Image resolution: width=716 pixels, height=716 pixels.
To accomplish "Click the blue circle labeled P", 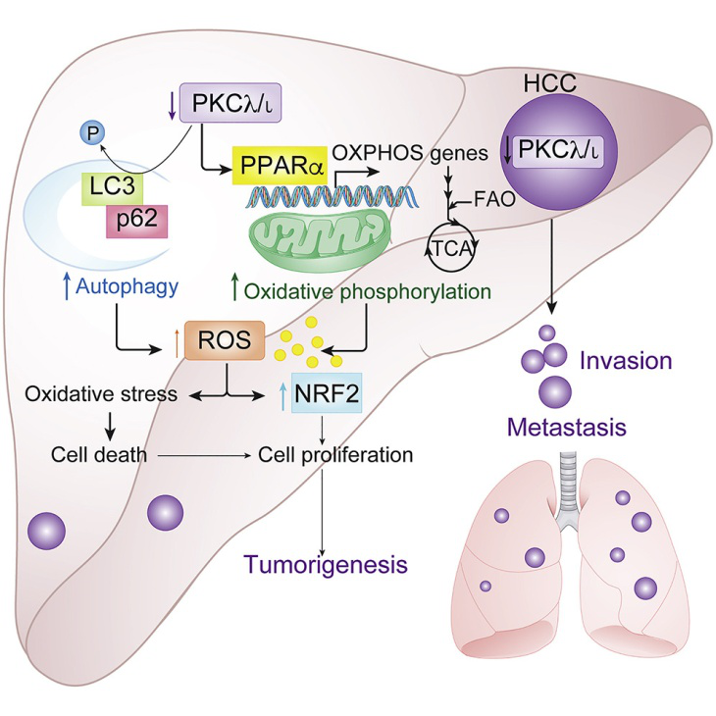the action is coord(93,133).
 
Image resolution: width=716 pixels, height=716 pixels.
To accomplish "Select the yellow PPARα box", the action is coord(280,166).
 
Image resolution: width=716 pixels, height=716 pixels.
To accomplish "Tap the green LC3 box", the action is coord(113,188).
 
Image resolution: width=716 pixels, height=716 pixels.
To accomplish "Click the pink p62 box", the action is coord(137,221).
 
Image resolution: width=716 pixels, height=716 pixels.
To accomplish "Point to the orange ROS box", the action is coord(225,340).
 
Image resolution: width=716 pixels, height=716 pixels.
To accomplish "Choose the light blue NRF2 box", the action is coord(327,393).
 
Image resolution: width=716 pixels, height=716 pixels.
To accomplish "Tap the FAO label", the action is coord(495,199).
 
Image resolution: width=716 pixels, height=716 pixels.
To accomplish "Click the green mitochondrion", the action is coord(319,239).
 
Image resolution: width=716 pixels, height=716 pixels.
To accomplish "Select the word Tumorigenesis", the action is coord(326,564).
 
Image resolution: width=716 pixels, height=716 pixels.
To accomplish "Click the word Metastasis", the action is coord(567,428).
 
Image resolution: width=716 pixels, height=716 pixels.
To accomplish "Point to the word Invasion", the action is coord(626,361).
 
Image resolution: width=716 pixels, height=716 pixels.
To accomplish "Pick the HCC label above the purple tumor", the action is coord(550,83).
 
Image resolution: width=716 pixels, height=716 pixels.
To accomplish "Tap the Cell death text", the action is coord(99,454).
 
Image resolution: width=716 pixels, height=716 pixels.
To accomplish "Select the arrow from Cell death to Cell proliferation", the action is coord(204,455).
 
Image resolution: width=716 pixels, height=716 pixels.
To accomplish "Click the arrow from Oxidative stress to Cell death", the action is coord(110,425).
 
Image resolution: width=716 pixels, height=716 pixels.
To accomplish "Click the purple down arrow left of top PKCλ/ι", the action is coord(173,106).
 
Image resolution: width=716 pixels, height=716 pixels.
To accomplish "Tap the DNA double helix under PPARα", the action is coord(332,197).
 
